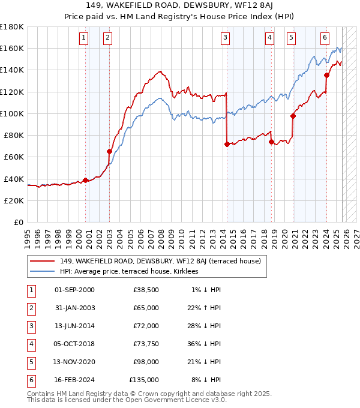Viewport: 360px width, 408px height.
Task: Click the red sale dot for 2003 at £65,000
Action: (109, 151)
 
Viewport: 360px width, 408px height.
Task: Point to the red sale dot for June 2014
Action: (227, 144)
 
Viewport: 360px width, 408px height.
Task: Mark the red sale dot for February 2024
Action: (326, 75)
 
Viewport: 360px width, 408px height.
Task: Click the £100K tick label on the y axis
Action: (12, 113)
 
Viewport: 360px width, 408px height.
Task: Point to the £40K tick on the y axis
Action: (14, 179)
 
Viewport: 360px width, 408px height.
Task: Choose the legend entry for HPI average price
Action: (133, 271)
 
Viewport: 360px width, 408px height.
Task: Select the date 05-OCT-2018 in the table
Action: (74, 344)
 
